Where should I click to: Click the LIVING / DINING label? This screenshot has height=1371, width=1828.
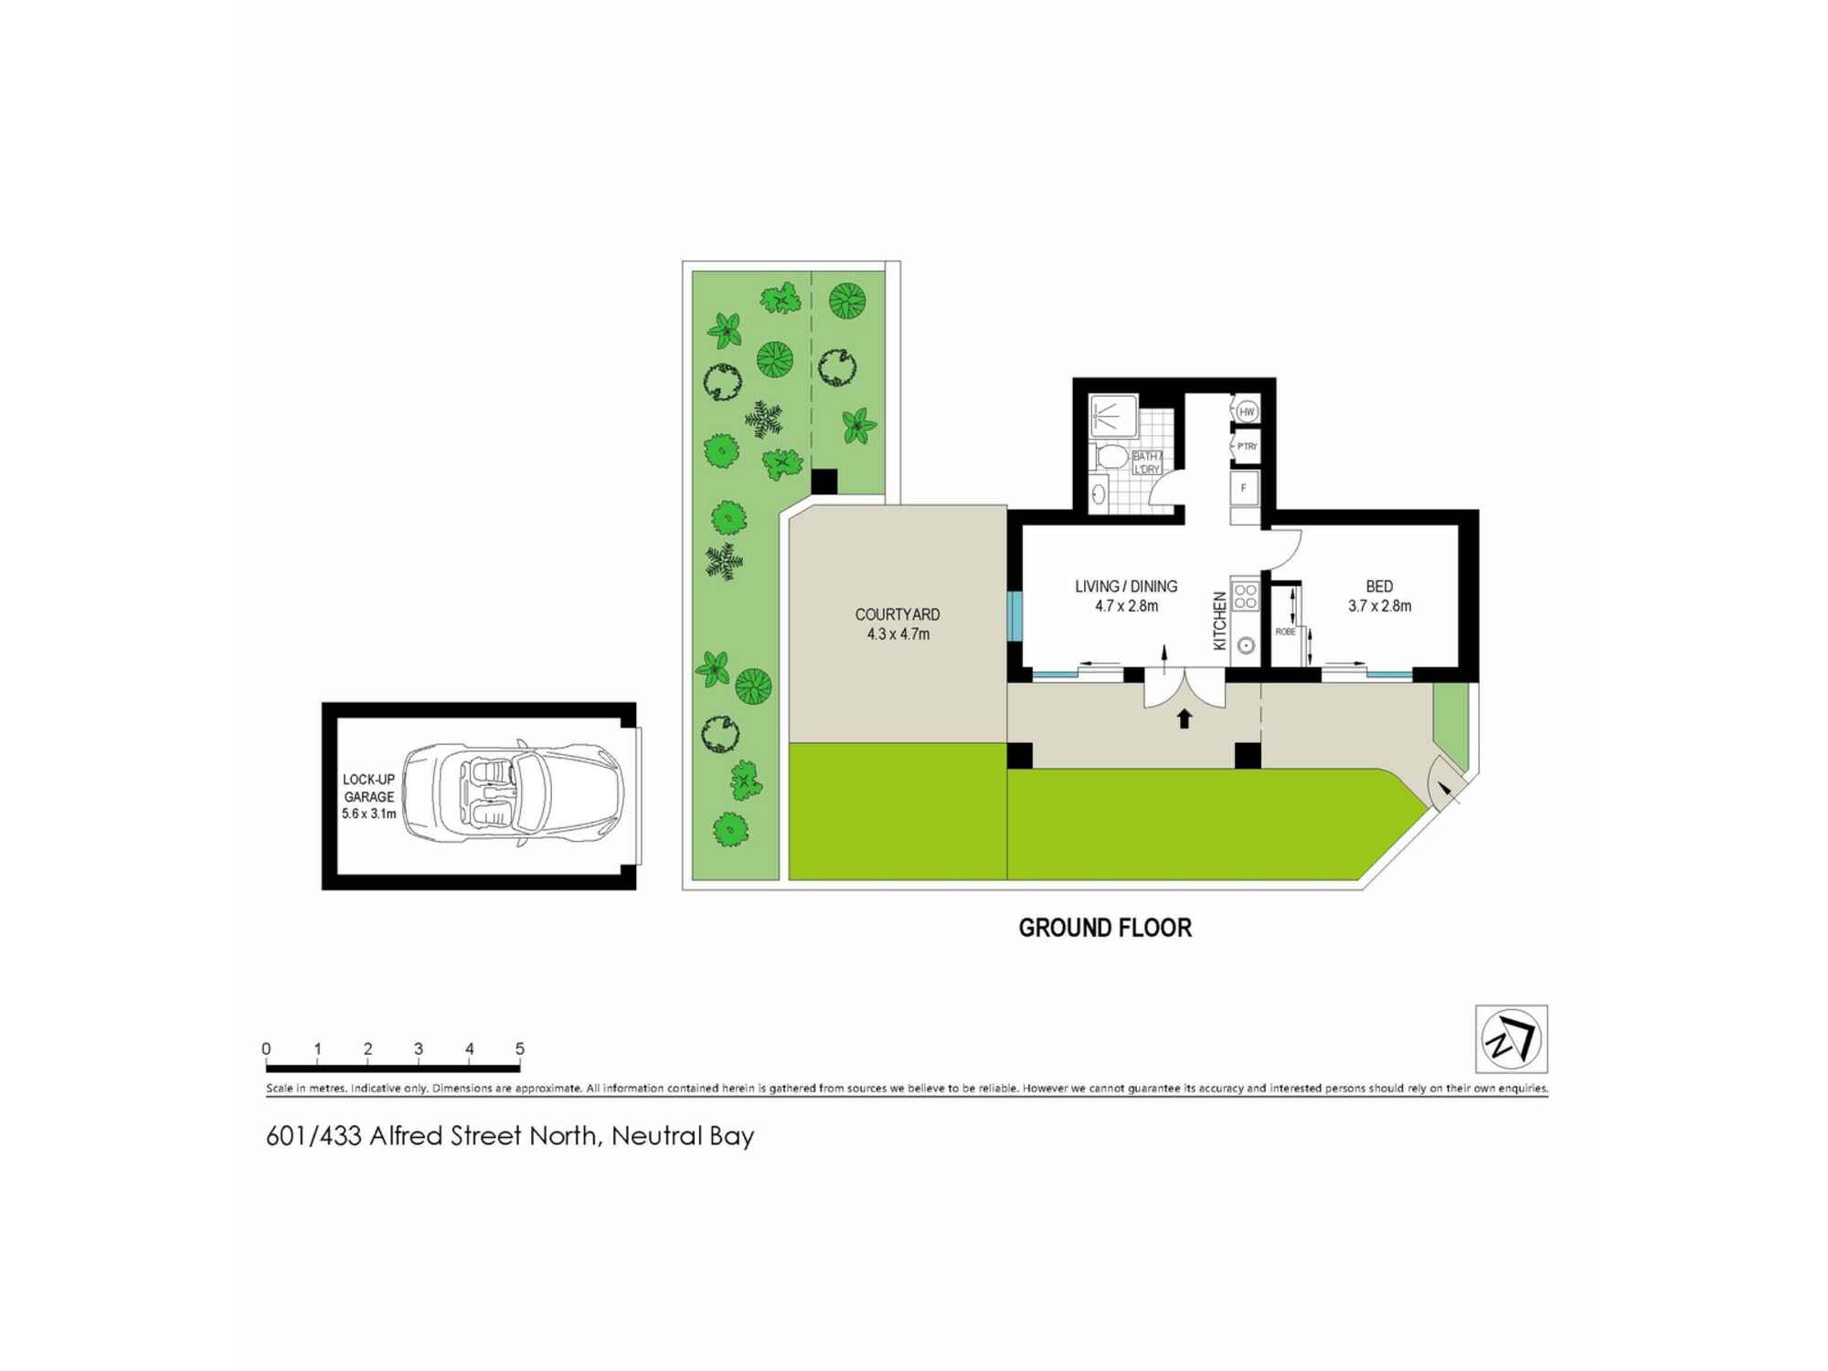(1126, 587)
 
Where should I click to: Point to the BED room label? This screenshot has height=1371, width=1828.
(1379, 587)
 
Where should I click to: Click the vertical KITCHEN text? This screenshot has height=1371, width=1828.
(1219, 621)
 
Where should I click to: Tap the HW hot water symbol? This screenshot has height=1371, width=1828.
(1247, 412)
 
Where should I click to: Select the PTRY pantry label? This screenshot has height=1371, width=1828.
(1247, 447)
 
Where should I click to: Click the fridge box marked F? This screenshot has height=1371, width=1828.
(1244, 488)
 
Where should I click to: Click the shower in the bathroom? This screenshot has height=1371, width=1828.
(1113, 416)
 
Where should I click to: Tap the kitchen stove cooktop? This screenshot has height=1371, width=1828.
(1245, 597)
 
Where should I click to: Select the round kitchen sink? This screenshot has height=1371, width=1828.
(1245, 645)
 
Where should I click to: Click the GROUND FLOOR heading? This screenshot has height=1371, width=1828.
(1105, 929)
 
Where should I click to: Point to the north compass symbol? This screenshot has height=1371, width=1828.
(1511, 1039)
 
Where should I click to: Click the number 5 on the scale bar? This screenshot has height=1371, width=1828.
(520, 1048)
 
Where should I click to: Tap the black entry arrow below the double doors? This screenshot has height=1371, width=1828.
(1185, 718)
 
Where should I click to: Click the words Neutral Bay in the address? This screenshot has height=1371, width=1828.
(683, 1136)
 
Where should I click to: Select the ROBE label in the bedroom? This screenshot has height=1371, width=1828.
(1285, 632)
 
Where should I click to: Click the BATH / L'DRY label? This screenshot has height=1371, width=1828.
(1147, 462)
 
